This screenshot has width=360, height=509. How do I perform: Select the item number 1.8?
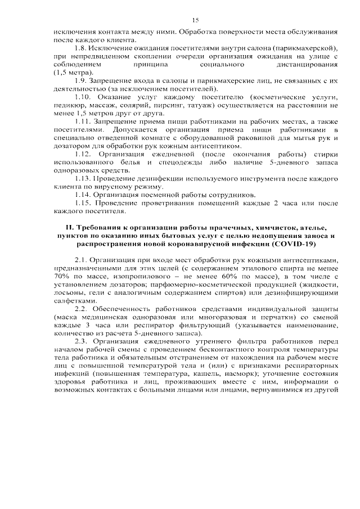click(x=82, y=49)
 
